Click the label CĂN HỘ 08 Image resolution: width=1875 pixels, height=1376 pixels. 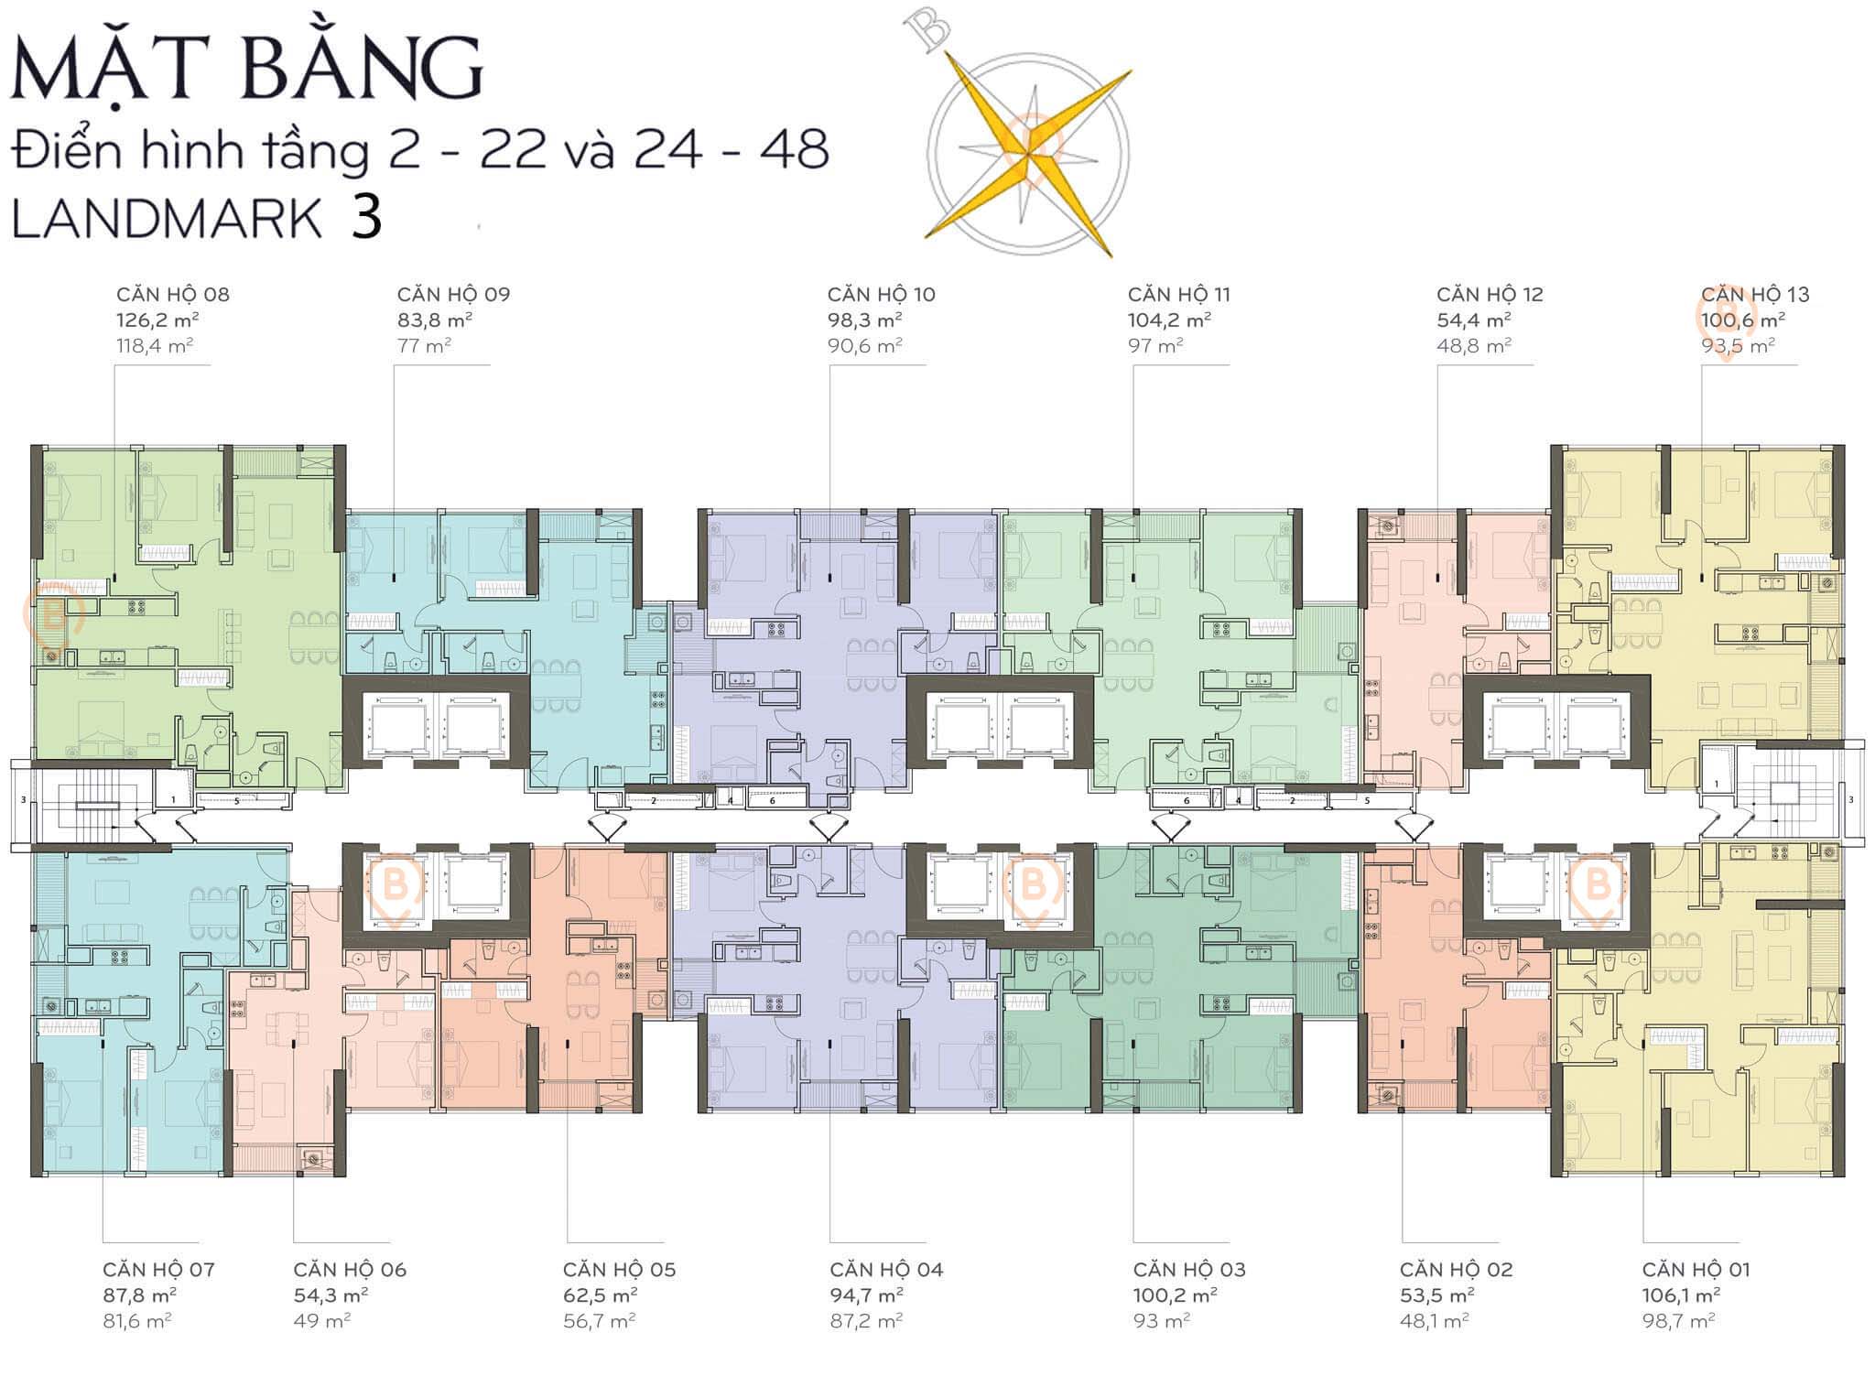(x=172, y=295)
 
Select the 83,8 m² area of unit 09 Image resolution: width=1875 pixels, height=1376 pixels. (x=434, y=320)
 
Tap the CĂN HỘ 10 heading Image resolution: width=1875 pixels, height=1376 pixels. (x=881, y=295)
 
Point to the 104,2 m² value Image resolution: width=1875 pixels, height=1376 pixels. (x=1169, y=320)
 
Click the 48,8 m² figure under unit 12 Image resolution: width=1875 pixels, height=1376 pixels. (x=1473, y=346)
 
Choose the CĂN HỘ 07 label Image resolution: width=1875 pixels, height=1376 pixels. (x=158, y=1270)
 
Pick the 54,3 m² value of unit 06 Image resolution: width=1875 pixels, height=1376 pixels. (x=331, y=1295)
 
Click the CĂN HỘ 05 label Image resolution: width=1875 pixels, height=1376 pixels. (x=619, y=1270)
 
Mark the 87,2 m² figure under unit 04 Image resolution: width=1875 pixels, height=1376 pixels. (x=866, y=1321)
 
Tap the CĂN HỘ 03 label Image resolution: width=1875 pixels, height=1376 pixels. (x=1189, y=1270)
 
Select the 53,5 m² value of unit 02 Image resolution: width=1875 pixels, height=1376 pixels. (x=1436, y=1295)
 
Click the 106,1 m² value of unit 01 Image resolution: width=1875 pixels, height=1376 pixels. (x=1681, y=1295)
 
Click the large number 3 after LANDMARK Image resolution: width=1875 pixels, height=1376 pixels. (x=365, y=218)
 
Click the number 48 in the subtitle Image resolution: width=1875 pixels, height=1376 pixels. (x=794, y=149)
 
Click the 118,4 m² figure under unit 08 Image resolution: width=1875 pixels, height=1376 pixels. (x=154, y=346)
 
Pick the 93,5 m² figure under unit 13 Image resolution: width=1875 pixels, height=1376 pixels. (x=1738, y=346)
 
